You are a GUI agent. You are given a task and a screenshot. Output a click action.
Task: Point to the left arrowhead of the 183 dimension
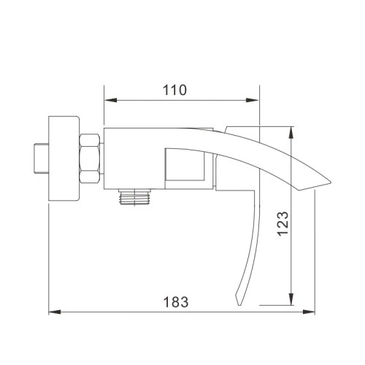point(53,312)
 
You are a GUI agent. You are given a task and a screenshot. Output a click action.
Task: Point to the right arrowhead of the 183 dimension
point(311,312)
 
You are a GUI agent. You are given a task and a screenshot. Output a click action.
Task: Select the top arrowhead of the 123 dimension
point(292,131)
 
